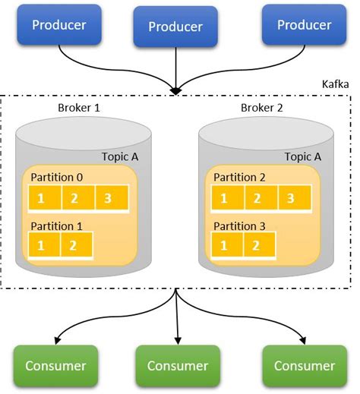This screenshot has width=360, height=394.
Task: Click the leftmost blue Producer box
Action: [x=58, y=25]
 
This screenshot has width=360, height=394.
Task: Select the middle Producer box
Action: [x=175, y=27]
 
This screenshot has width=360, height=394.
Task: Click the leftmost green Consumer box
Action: [x=55, y=365]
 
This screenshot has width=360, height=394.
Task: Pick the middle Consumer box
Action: [x=177, y=365]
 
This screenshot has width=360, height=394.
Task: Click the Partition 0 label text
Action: [x=57, y=178]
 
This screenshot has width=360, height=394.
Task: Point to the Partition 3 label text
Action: [x=240, y=225]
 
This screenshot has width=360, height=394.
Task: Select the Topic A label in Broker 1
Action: [x=120, y=156]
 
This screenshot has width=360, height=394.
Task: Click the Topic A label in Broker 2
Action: [x=303, y=156]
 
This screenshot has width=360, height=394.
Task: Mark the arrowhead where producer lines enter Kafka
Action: [x=175, y=92]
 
